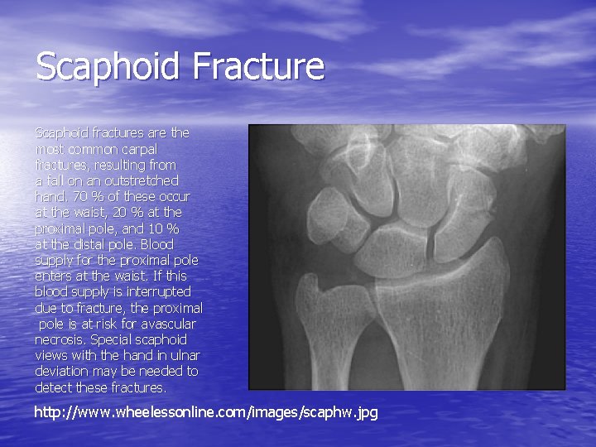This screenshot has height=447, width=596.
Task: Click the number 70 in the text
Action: pyautogui.click(x=80, y=196)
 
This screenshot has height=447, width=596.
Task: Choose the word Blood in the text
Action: pyautogui.click(x=157, y=244)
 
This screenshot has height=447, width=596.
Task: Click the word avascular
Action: pyautogui.click(x=169, y=324)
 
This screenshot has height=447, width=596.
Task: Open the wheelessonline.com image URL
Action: pyautogui.click(x=205, y=411)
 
